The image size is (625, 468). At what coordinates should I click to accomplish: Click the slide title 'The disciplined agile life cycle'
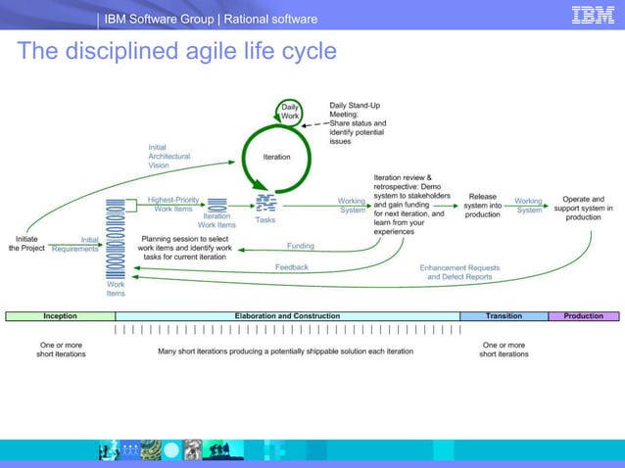[x=176, y=52]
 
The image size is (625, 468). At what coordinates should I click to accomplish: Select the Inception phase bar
[x=60, y=316]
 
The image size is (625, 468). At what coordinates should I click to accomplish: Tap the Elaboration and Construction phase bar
[x=287, y=316]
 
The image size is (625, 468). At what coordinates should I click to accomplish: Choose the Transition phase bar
[x=504, y=316]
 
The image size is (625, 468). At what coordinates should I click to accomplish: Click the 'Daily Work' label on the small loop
[x=291, y=112]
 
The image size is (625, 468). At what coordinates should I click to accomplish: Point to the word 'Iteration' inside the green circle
[x=276, y=157]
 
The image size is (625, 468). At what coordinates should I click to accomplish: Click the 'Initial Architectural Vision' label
[x=168, y=157]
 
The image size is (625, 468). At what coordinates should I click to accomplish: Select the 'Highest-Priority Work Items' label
[x=173, y=204]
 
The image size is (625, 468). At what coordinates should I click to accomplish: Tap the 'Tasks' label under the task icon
[x=265, y=220]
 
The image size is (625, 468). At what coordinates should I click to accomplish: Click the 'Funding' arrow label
[x=300, y=246]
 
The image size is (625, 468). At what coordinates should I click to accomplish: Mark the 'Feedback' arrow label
[x=291, y=266]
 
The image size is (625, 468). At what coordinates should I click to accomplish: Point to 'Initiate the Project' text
[x=26, y=243]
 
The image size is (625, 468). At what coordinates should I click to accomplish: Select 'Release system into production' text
[x=482, y=205]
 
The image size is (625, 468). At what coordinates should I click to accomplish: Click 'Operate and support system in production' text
[x=583, y=208]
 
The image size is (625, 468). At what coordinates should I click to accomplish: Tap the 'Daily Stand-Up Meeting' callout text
[x=358, y=122]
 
